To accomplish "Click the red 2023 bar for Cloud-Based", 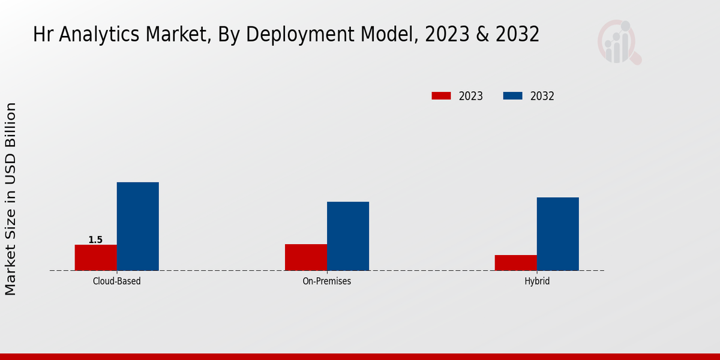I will pyautogui.click(x=96, y=257).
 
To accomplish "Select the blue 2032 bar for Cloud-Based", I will pyautogui.click(x=138, y=226).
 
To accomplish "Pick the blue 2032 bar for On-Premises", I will pyautogui.click(x=348, y=236).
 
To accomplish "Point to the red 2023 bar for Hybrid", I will pyautogui.click(x=516, y=262).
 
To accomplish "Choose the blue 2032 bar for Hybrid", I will pyautogui.click(x=558, y=233).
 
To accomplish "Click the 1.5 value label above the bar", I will pyautogui.click(x=95, y=240).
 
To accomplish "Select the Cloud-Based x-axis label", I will pyautogui.click(x=117, y=281).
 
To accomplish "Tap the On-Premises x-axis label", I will pyautogui.click(x=327, y=281).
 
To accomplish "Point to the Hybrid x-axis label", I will pyautogui.click(x=537, y=281).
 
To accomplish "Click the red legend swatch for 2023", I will pyautogui.click(x=441, y=96).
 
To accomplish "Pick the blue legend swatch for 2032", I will pyautogui.click(x=512, y=96).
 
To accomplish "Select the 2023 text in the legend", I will pyautogui.click(x=471, y=96).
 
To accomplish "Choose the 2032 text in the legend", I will pyautogui.click(x=542, y=96).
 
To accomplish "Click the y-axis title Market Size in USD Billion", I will pyautogui.click(x=11, y=199).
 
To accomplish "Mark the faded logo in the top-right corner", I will pyautogui.click(x=619, y=42).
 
